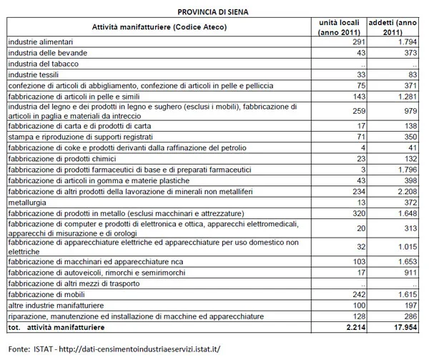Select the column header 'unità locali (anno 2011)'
coord(341,26)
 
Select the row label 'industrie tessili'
coord(35,74)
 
